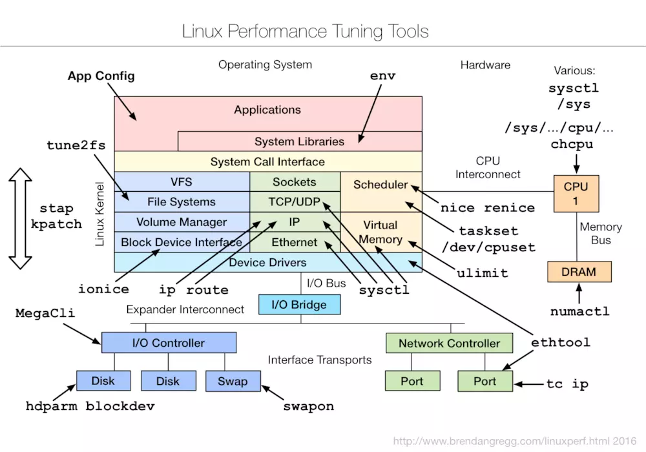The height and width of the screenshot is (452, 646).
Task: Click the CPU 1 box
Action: coord(576,193)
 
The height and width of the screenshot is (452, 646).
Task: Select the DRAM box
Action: coord(579,271)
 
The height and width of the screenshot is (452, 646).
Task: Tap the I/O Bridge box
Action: coord(299,305)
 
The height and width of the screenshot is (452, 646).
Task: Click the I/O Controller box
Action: coord(169,343)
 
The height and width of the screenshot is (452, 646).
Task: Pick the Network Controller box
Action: coord(449,344)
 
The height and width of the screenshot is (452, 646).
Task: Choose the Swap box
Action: coord(233,381)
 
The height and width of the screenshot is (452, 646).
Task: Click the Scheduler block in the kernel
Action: coord(380,185)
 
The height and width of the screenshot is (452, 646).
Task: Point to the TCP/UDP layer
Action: coord(295,202)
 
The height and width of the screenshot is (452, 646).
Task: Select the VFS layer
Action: coord(182,182)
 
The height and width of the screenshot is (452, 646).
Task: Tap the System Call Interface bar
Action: coord(267,161)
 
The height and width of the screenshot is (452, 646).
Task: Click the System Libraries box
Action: coord(299,141)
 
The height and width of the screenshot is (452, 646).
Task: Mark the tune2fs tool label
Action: coord(76,145)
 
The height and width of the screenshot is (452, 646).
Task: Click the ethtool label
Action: coord(560,342)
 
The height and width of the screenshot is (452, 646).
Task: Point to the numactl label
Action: coord(579,311)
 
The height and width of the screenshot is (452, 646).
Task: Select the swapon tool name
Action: coord(309,407)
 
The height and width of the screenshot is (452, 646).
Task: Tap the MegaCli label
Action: coord(45,314)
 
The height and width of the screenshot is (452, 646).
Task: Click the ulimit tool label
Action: coord(482,272)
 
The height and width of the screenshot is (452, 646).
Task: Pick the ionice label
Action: coord(103,289)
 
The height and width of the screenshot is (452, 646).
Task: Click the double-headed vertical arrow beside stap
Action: coord(21,218)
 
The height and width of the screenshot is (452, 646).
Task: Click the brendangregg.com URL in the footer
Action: coord(513,442)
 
